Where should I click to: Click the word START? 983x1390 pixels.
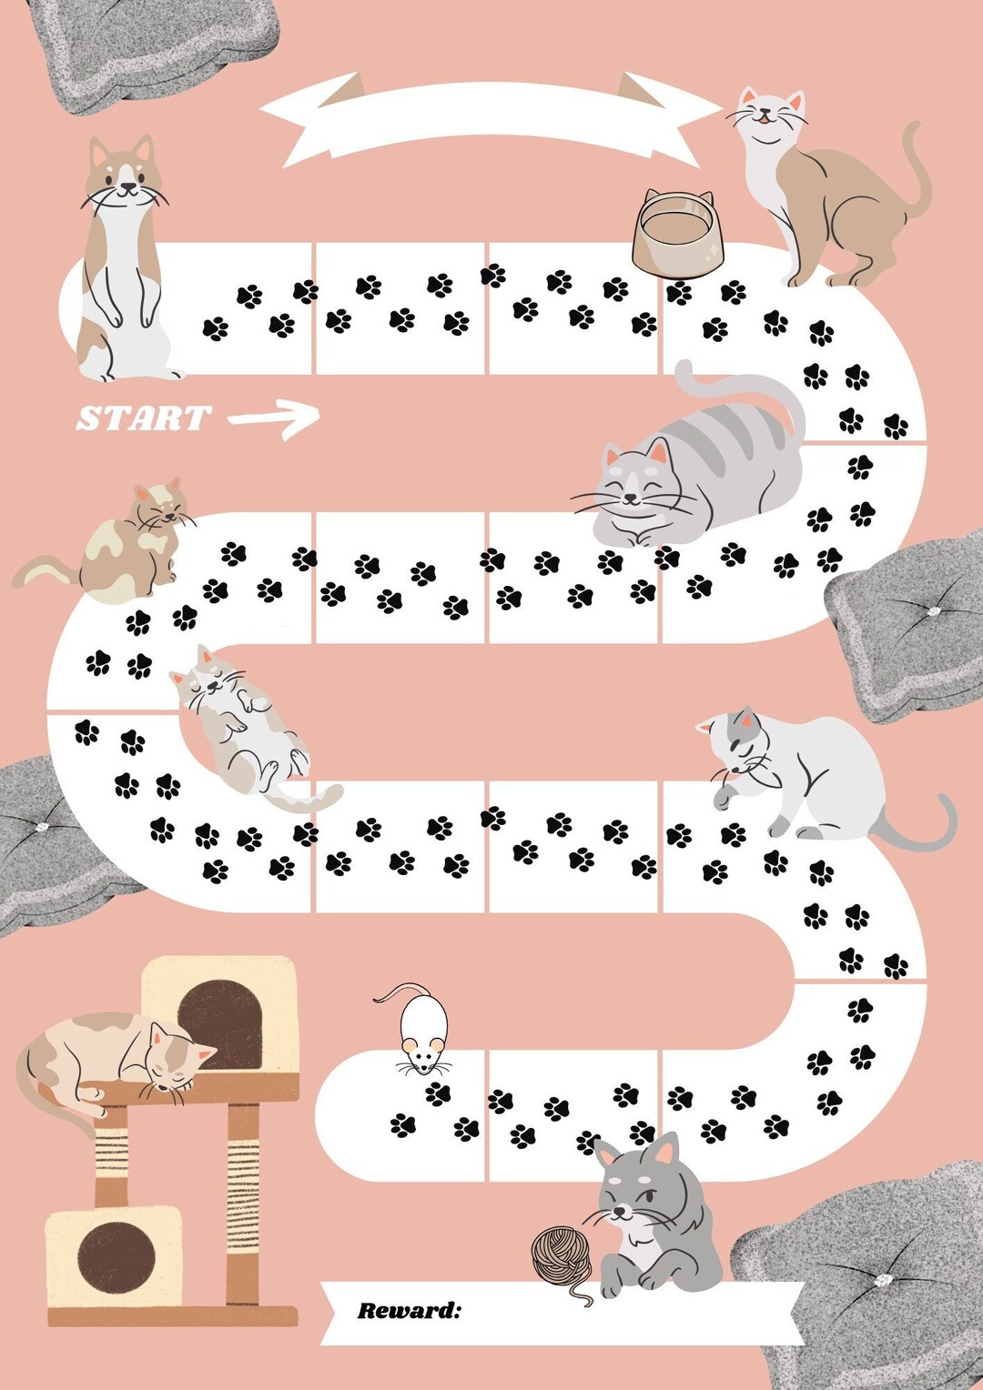click(x=144, y=418)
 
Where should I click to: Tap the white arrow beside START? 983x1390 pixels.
click(x=276, y=418)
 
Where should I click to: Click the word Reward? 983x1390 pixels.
click(x=409, y=1311)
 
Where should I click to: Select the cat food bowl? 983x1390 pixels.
click(x=678, y=233)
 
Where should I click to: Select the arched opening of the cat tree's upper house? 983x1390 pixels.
click(x=219, y=1023)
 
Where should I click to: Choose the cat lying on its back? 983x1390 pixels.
click(x=241, y=723)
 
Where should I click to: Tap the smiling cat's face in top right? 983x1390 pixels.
click(x=770, y=114)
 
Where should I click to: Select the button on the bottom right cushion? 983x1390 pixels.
click(x=880, y=1280)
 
